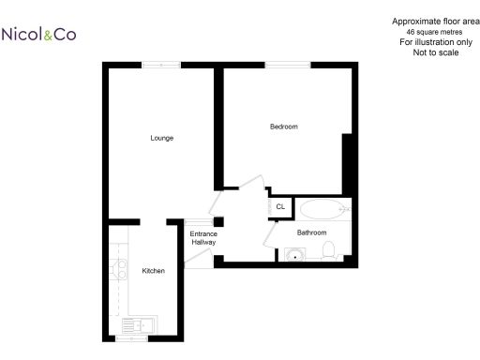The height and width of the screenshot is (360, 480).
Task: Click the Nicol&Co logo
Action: point(39,35)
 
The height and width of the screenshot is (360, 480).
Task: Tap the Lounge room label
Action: point(162,138)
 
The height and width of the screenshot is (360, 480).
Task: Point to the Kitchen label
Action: point(153,271)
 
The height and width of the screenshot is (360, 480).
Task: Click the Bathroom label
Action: point(311,232)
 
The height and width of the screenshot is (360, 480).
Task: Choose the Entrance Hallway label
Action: point(203,238)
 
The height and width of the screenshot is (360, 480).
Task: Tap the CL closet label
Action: point(280,206)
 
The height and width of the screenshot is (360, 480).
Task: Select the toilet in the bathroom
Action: point(329,250)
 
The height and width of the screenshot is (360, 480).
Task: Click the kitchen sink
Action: point(140,326)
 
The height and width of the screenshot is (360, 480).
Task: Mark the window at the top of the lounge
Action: point(161,65)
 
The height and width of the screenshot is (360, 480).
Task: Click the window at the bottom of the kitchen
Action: point(132,339)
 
